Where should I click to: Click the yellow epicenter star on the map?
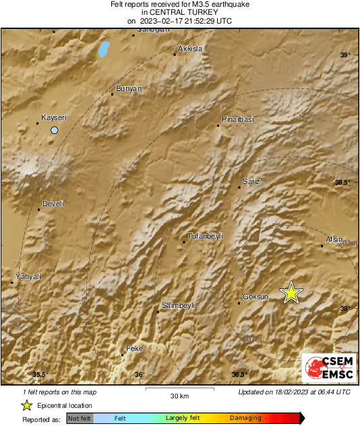tap(291, 293)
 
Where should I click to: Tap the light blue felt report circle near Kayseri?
tap(55, 130)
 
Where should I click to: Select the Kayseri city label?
tap(54, 117)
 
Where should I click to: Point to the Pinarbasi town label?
tap(237, 119)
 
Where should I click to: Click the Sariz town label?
tap(250, 181)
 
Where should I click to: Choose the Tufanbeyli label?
tap(204, 236)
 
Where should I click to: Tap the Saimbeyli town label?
tap(179, 305)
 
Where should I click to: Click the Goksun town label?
tap(256, 297)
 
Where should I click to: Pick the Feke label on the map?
tap(135, 348)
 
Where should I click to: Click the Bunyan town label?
tap(128, 88)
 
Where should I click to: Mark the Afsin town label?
tap(334, 239)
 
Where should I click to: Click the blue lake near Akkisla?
tap(103, 49)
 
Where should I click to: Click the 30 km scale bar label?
tap(179, 395)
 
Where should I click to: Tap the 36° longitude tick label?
tap(139, 375)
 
